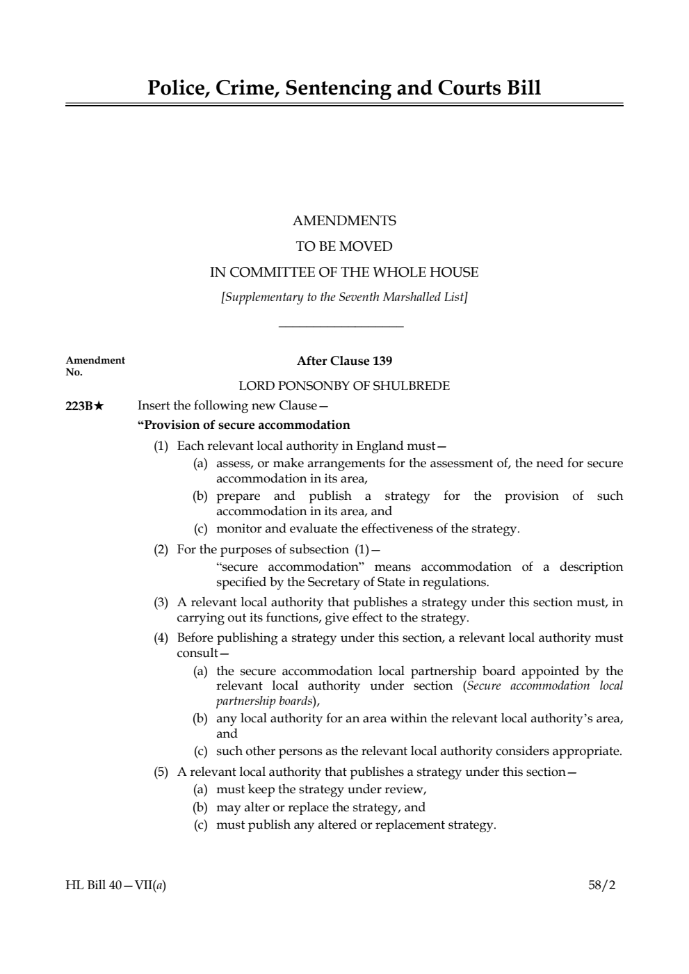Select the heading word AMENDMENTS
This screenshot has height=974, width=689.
[344, 221]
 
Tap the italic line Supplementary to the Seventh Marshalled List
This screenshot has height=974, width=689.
[344, 298]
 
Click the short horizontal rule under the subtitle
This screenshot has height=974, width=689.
[341, 325]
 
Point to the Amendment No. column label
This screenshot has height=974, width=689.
[95, 365]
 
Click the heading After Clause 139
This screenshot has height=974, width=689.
[344, 361]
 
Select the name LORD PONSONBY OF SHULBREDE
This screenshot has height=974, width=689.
[344, 385]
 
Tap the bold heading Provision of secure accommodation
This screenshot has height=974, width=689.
[244, 425]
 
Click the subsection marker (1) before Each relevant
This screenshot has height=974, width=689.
[161, 446]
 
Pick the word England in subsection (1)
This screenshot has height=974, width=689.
[379, 446]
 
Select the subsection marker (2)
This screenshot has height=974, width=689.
[161, 549]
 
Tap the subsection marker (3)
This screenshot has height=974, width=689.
[161, 602]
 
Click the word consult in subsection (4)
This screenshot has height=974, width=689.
[197, 653]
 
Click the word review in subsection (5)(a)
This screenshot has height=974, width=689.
[404, 789]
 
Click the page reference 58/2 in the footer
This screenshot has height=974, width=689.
[601, 886]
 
